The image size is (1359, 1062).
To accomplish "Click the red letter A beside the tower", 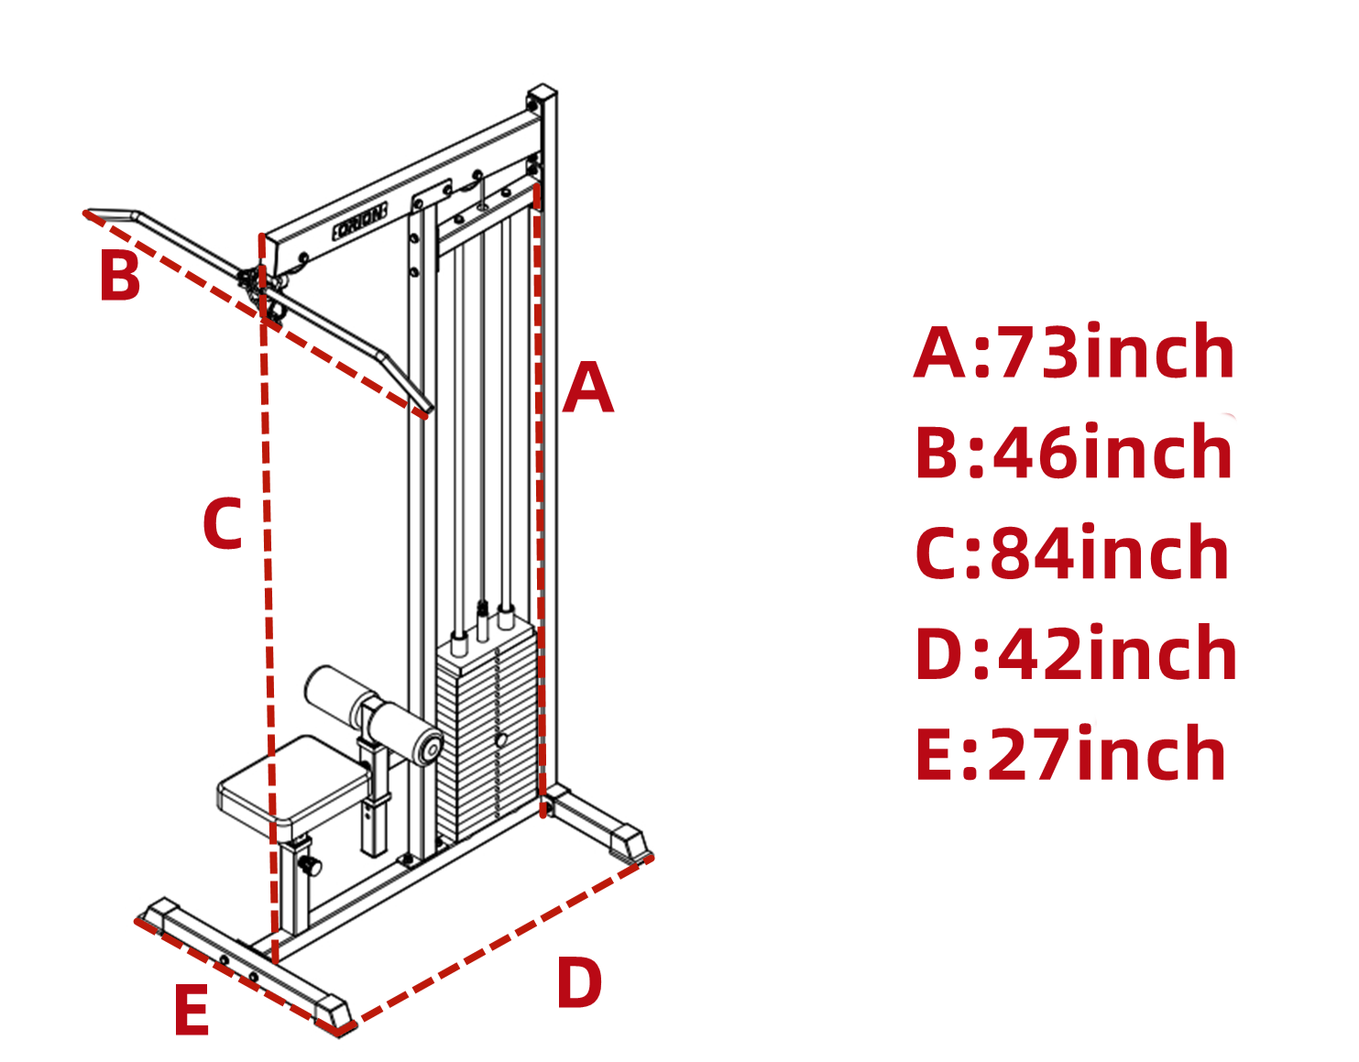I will pyautogui.click(x=587, y=388).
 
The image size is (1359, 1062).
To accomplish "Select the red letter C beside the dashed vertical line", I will pyautogui.click(x=223, y=524).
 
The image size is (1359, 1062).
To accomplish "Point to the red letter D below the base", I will pyautogui.click(x=579, y=984).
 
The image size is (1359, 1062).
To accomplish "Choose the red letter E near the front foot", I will pyautogui.click(x=192, y=1012).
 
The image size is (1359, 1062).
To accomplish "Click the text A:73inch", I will pyautogui.click(x=1074, y=353).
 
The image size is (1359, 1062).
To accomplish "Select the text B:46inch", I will pyautogui.click(x=1074, y=453).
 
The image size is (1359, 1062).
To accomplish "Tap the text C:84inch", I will pyautogui.click(x=1072, y=553).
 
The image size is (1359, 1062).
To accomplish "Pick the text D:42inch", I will pyautogui.click(x=1076, y=654).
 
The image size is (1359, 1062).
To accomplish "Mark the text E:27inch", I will pyautogui.click(x=1070, y=754).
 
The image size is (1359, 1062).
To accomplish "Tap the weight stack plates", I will pyautogui.click(x=486, y=733).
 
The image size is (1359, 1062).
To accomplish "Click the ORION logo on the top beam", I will pyautogui.click(x=360, y=223).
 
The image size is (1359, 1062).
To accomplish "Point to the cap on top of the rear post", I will pyautogui.click(x=542, y=95).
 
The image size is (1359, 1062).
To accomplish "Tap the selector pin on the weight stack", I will pyautogui.click(x=501, y=739).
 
